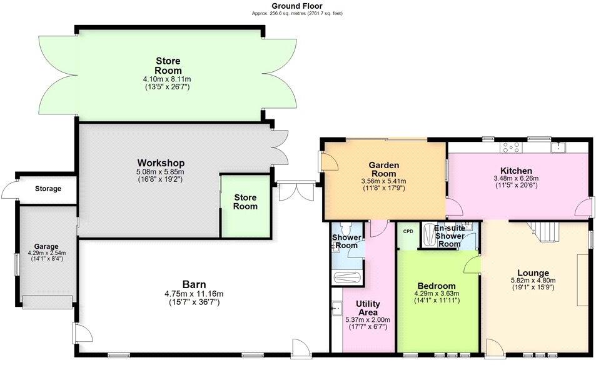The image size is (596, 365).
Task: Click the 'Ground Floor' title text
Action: click(297, 6)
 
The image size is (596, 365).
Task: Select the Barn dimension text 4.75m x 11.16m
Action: click(194, 294)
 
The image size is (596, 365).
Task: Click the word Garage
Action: click(46, 246)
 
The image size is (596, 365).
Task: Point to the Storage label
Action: click(48, 188)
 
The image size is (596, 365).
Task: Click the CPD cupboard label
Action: click(408, 231)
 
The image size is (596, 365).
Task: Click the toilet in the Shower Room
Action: click(347, 229)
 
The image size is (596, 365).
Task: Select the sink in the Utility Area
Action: click(336, 308)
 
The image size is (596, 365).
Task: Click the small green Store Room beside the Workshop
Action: click(245, 202)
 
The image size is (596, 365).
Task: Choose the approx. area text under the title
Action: click(297, 13)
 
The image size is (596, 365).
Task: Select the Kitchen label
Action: click(516, 171)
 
